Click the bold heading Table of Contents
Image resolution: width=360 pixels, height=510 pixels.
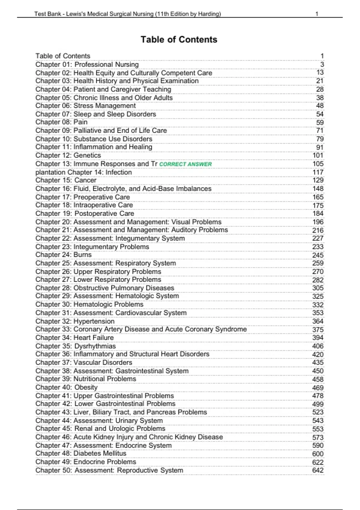point(179,40)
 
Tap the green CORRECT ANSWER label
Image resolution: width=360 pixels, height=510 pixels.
point(185,164)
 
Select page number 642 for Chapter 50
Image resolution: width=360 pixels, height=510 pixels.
point(318,470)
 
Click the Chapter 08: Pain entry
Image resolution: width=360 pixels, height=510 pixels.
point(61,122)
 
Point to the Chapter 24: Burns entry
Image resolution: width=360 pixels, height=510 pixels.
point(64,255)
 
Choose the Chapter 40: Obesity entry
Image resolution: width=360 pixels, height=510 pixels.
point(66,387)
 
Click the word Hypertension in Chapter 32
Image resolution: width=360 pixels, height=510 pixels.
point(94,321)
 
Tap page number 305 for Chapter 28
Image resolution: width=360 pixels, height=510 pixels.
point(318,288)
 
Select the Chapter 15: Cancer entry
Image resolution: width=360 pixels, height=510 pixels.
point(66,180)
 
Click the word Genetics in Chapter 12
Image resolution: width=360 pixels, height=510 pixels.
point(87,155)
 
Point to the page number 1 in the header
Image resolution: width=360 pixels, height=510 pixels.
point(317,14)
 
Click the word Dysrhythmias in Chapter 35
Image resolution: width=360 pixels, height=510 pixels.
point(95,346)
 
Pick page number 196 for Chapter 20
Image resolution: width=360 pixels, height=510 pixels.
point(318,222)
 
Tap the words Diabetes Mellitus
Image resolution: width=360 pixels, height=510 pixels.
point(100,453)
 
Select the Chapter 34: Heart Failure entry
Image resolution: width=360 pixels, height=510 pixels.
point(74,337)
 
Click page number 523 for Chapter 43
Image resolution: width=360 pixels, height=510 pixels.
point(318,412)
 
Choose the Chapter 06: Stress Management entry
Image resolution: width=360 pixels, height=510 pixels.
point(85,106)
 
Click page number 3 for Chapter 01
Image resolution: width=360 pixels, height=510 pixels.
point(322,64)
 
